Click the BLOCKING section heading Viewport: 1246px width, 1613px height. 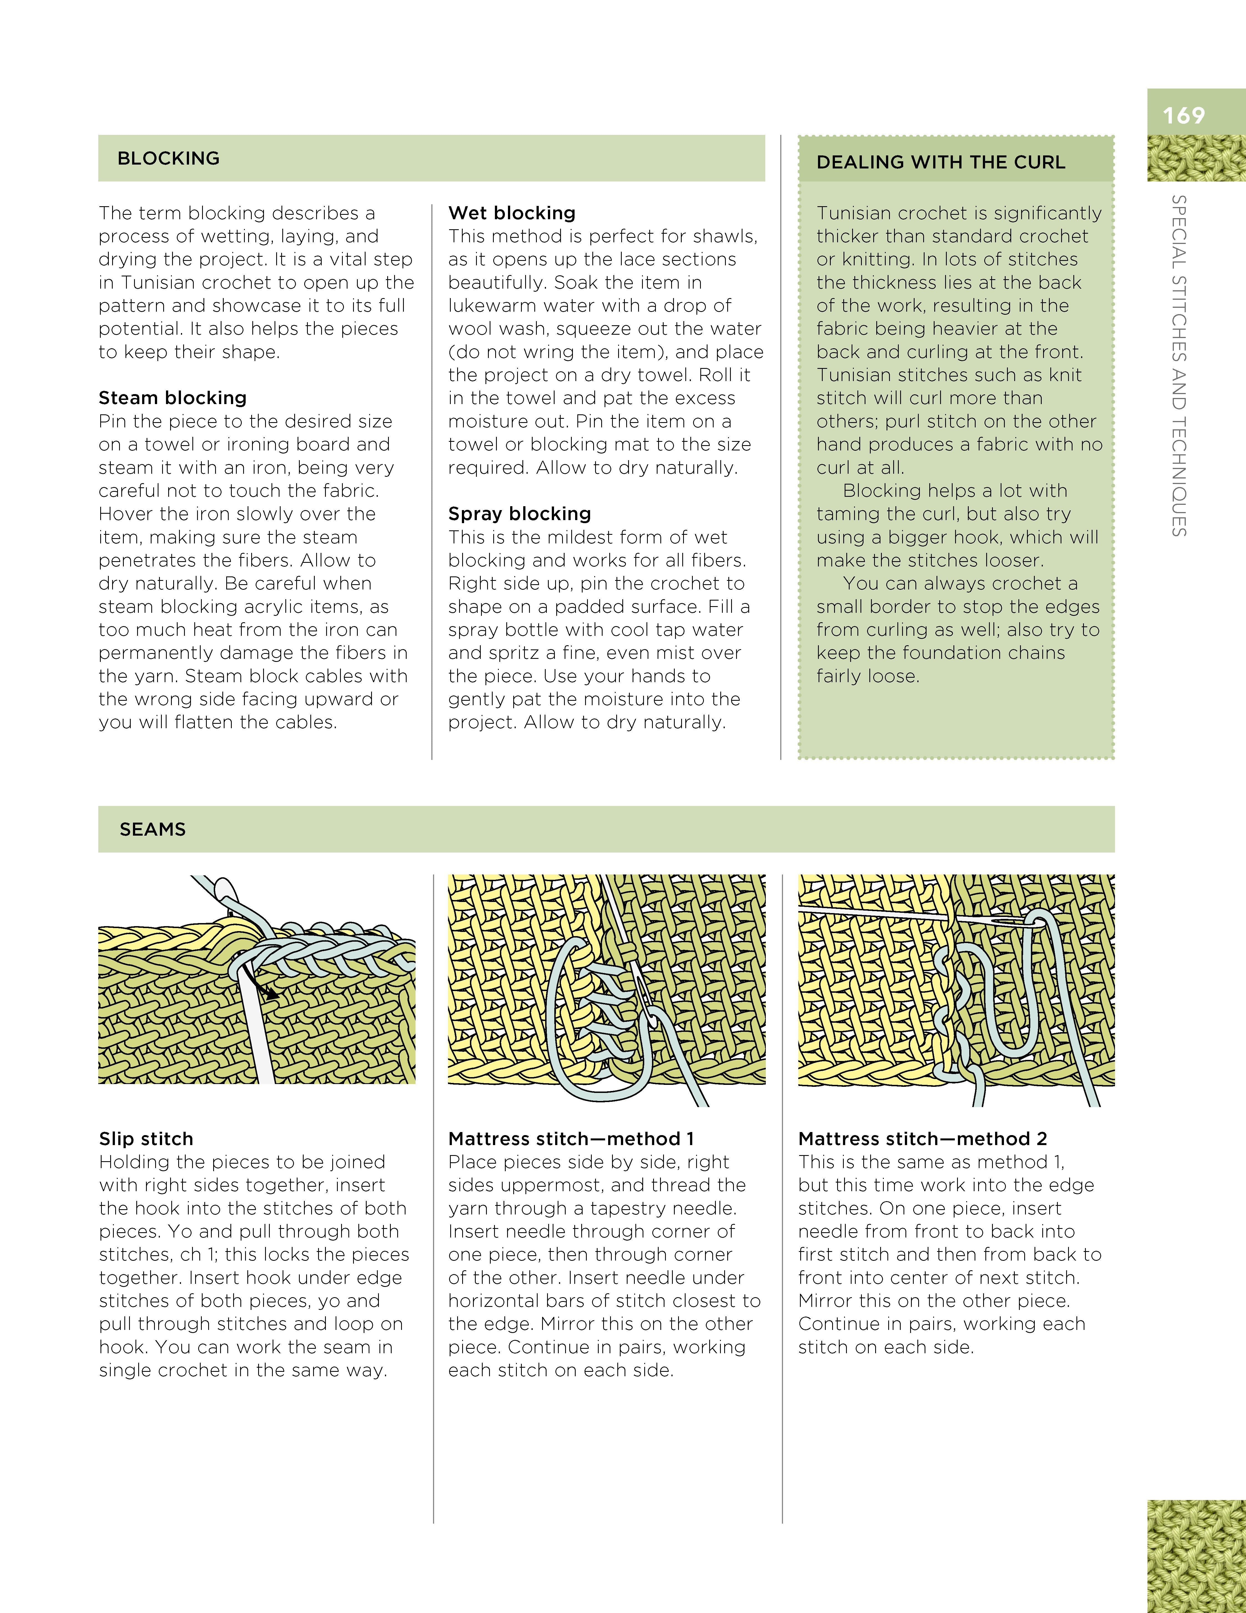click(168, 158)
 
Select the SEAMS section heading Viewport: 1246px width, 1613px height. click(153, 829)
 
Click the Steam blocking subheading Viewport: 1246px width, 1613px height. click(172, 398)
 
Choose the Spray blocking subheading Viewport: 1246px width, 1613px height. click(519, 514)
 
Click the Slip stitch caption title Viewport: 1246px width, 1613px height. click(146, 1139)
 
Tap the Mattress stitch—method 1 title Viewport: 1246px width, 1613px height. click(570, 1139)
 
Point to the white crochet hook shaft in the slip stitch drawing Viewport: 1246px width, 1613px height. click(255, 1034)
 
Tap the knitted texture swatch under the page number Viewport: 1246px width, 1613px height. click(1196, 159)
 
